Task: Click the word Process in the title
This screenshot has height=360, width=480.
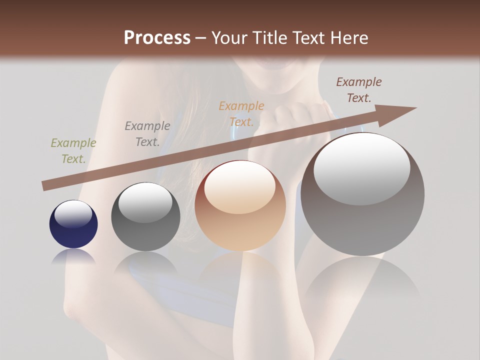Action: (157, 37)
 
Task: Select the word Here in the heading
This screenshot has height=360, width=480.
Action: (349, 37)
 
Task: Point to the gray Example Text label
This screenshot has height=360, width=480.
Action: (147, 134)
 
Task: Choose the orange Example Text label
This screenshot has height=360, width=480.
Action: (241, 114)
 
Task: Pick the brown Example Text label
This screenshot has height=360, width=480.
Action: (359, 90)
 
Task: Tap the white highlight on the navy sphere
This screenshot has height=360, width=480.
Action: (73, 212)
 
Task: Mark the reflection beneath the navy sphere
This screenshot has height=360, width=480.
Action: (73, 256)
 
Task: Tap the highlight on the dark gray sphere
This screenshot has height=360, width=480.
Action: (145, 201)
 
